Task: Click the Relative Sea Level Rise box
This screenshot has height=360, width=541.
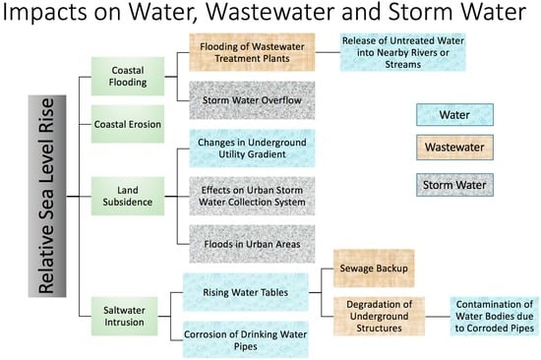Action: (x=47, y=196)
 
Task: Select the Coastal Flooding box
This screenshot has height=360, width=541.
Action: (x=128, y=77)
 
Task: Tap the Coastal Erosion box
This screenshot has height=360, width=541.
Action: (x=128, y=124)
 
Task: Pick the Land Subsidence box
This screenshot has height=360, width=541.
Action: (x=128, y=196)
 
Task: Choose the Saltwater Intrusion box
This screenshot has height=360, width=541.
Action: (x=124, y=316)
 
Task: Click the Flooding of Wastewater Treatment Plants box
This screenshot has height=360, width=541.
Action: (x=252, y=52)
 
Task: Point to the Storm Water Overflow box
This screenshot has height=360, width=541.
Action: (x=252, y=100)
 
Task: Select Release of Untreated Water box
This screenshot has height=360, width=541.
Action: (x=403, y=52)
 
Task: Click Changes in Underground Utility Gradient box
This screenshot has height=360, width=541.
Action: (x=252, y=149)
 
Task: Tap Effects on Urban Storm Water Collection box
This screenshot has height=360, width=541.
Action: (x=252, y=196)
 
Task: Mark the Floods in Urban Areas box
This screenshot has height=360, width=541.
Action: (x=252, y=244)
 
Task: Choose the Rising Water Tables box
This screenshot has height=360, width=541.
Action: (x=245, y=292)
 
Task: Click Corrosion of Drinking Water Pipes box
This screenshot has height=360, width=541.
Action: (x=245, y=340)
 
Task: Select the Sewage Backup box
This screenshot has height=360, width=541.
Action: (x=374, y=269)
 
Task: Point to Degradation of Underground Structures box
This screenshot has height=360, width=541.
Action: (x=379, y=316)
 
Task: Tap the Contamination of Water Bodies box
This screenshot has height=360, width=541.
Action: (x=495, y=316)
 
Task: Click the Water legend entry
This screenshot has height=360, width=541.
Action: (x=454, y=115)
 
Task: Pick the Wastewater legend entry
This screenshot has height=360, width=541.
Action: (x=454, y=148)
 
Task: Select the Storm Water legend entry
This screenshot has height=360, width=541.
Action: (x=454, y=185)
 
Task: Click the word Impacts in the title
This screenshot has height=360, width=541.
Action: (x=45, y=13)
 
